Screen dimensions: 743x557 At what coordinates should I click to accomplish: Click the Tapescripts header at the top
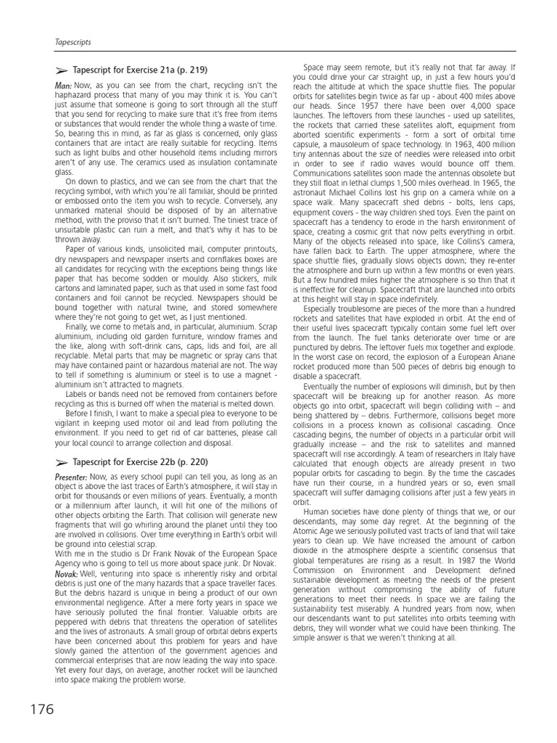(x=73, y=43)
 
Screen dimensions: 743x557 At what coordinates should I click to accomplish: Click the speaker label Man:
(x=64, y=85)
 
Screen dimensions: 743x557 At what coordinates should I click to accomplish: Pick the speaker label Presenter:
(x=71, y=476)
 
